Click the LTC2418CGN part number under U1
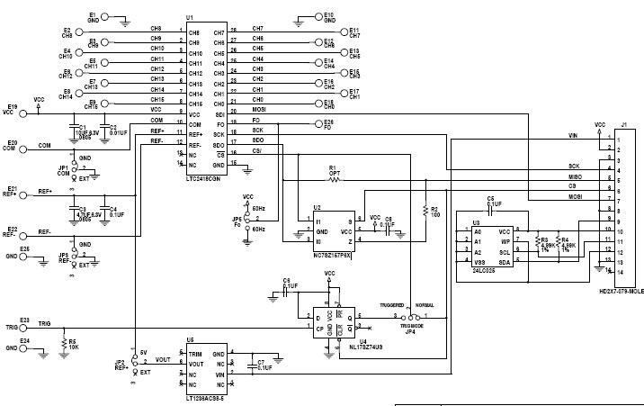[205, 181]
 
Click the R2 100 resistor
[423, 212]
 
